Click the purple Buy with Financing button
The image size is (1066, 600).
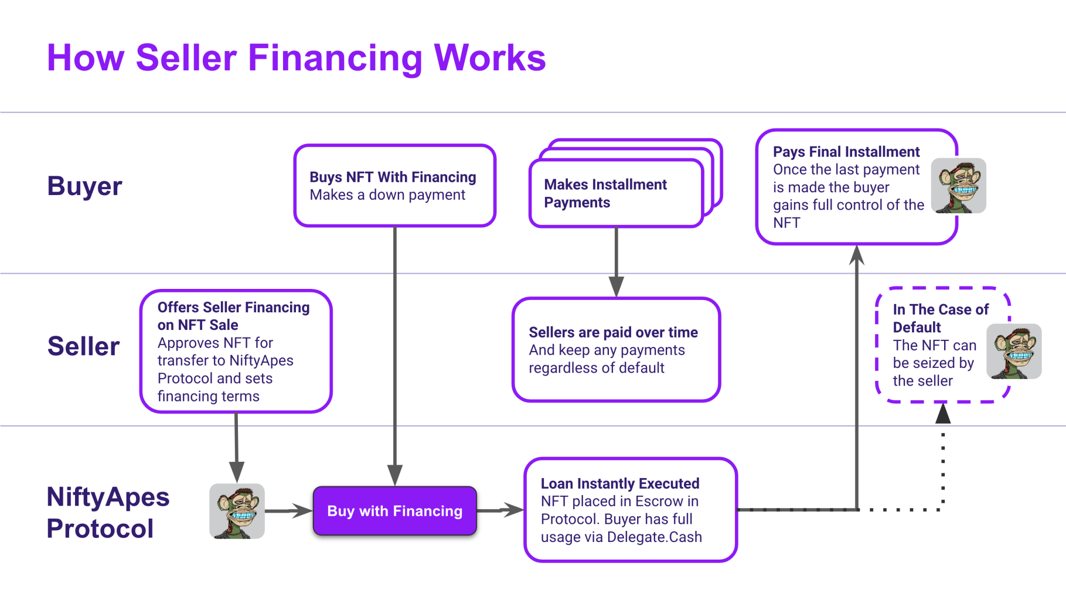click(394, 511)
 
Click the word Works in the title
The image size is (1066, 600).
click(489, 58)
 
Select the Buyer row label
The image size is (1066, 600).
click(84, 186)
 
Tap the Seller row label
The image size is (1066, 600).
click(83, 346)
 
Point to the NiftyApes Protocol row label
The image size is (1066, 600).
click(107, 512)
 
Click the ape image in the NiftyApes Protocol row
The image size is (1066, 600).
click(237, 511)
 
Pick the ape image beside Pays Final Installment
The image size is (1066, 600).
click(958, 186)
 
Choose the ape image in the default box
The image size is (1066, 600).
click(1013, 352)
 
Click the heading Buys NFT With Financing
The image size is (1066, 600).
click(393, 177)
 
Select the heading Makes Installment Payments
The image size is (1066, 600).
click(605, 193)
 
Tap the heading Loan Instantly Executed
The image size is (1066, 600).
click(619, 483)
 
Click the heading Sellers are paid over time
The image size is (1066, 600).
click(613, 332)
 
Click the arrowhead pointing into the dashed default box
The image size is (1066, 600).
click(942, 414)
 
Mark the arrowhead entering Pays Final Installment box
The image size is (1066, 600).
click(857, 255)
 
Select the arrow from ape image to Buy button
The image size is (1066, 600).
click(288, 511)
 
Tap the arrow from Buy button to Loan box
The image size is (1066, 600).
click(500, 510)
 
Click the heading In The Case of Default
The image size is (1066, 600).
click(940, 318)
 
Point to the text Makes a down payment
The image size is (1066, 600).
click(387, 195)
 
